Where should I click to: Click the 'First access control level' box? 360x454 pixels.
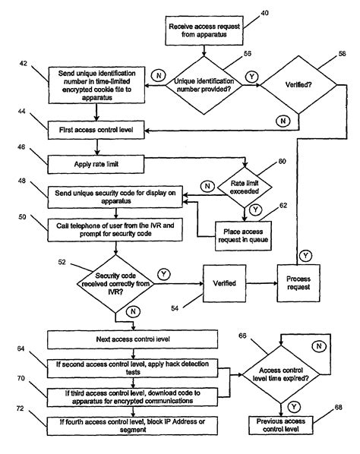pos(96,130)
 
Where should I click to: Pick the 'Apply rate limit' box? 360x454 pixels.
pos(96,161)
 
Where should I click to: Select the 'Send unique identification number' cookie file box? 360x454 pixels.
pos(96,85)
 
